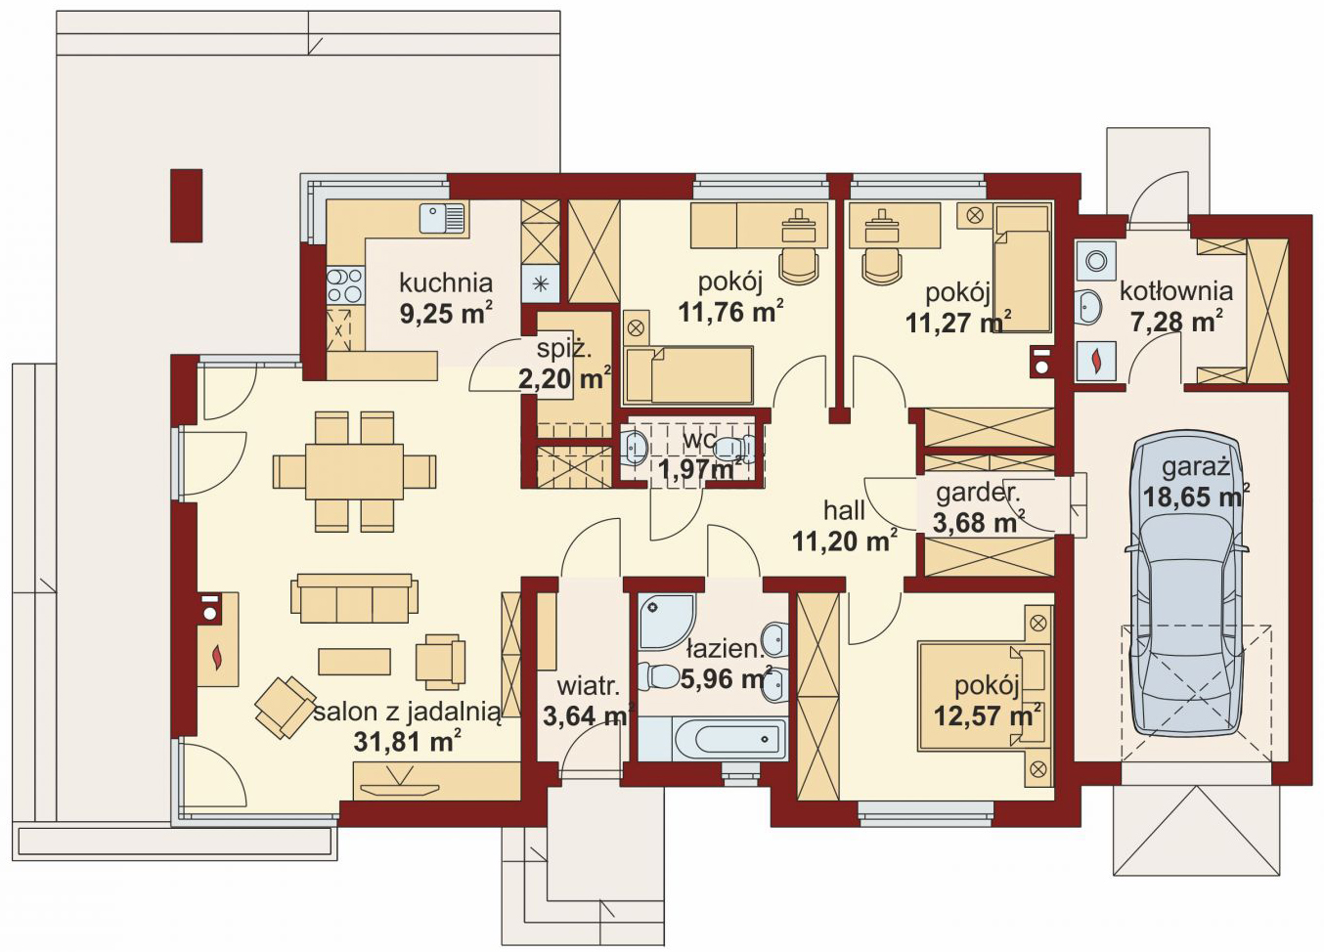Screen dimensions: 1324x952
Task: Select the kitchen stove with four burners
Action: (x=344, y=285)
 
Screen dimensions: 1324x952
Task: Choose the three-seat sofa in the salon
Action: (x=354, y=598)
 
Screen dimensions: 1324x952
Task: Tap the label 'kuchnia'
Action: (x=446, y=283)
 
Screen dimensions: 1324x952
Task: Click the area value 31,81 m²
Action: (x=407, y=742)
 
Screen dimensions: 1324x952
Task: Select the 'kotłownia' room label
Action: (x=1176, y=291)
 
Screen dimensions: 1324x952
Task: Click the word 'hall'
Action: (x=845, y=510)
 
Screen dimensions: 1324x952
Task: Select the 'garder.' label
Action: (x=978, y=494)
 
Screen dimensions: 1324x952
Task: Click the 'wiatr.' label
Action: (x=589, y=687)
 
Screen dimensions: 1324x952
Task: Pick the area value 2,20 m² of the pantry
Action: (x=564, y=379)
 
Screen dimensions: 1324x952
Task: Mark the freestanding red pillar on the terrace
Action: (x=187, y=205)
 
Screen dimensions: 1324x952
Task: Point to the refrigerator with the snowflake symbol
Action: (x=540, y=283)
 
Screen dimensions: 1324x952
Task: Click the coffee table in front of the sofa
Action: (x=354, y=662)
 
